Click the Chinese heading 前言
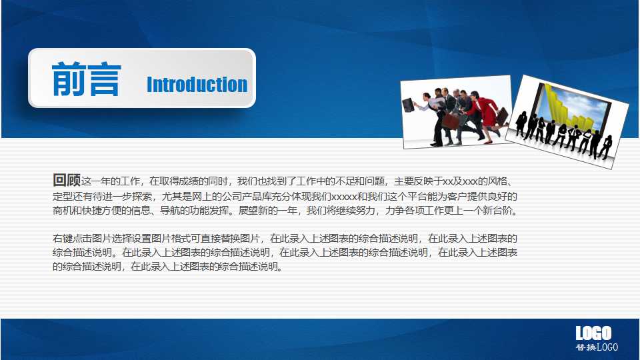tap(86, 80)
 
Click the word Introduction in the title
tap(197, 85)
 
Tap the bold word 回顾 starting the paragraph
tap(67, 180)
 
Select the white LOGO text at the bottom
tap(593, 333)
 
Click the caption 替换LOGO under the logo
tap(597, 347)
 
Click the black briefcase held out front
tap(408, 105)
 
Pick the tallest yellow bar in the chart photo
tap(549, 97)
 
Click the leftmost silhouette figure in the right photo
tap(521, 123)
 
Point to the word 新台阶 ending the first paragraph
tap(500, 211)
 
